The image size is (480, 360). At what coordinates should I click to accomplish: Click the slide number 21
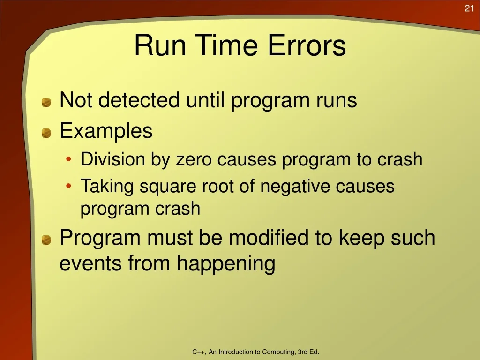(469, 8)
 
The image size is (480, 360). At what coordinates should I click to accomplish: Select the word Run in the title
(160, 45)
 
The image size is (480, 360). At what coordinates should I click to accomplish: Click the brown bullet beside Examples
(46, 133)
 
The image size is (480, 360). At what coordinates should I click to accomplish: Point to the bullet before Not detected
(46, 103)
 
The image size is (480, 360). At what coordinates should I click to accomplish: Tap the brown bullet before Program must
(46, 240)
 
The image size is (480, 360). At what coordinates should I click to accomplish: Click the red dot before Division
(68, 159)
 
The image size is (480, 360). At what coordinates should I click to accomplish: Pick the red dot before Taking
(68, 186)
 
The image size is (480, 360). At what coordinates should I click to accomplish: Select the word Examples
(106, 131)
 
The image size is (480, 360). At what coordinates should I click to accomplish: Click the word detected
(139, 100)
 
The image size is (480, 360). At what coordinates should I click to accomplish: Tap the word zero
(194, 159)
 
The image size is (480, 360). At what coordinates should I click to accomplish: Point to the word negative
(295, 186)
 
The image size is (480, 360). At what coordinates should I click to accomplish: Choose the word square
(168, 187)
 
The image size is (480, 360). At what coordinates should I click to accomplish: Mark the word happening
(226, 264)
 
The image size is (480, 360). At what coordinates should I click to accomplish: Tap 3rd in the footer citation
(303, 352)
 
